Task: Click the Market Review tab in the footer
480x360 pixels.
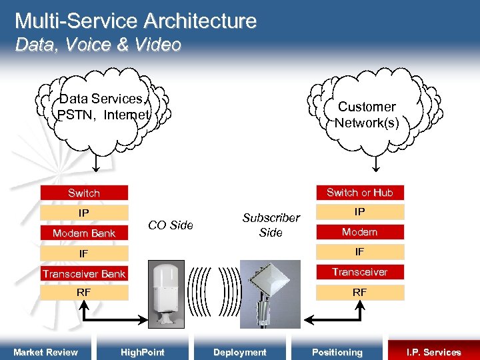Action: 45,352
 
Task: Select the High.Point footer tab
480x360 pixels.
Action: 142,352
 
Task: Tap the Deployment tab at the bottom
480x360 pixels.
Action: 239,352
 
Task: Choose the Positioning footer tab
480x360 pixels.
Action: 337,352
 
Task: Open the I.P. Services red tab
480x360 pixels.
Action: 433,352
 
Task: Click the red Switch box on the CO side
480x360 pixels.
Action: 84,193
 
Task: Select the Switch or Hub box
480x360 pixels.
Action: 359,193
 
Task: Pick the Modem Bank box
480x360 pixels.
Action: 84,233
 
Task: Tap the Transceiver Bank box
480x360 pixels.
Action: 84,274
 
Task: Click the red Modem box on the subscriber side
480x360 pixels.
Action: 359,232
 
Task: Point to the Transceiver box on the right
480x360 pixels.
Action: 359,272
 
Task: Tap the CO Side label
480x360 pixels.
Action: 171,225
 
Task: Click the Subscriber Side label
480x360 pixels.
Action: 271,225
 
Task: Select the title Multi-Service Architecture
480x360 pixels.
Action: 135,21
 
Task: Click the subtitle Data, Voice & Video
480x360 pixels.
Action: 98,45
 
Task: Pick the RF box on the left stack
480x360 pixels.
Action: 84,293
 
